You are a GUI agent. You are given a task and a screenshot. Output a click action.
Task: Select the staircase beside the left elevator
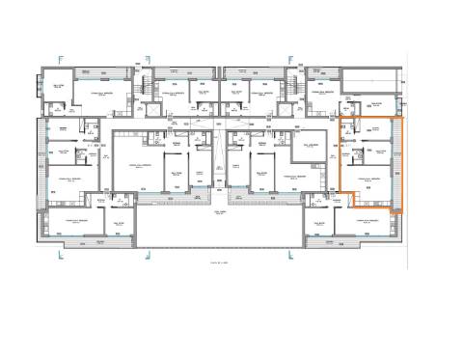[146, 88]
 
